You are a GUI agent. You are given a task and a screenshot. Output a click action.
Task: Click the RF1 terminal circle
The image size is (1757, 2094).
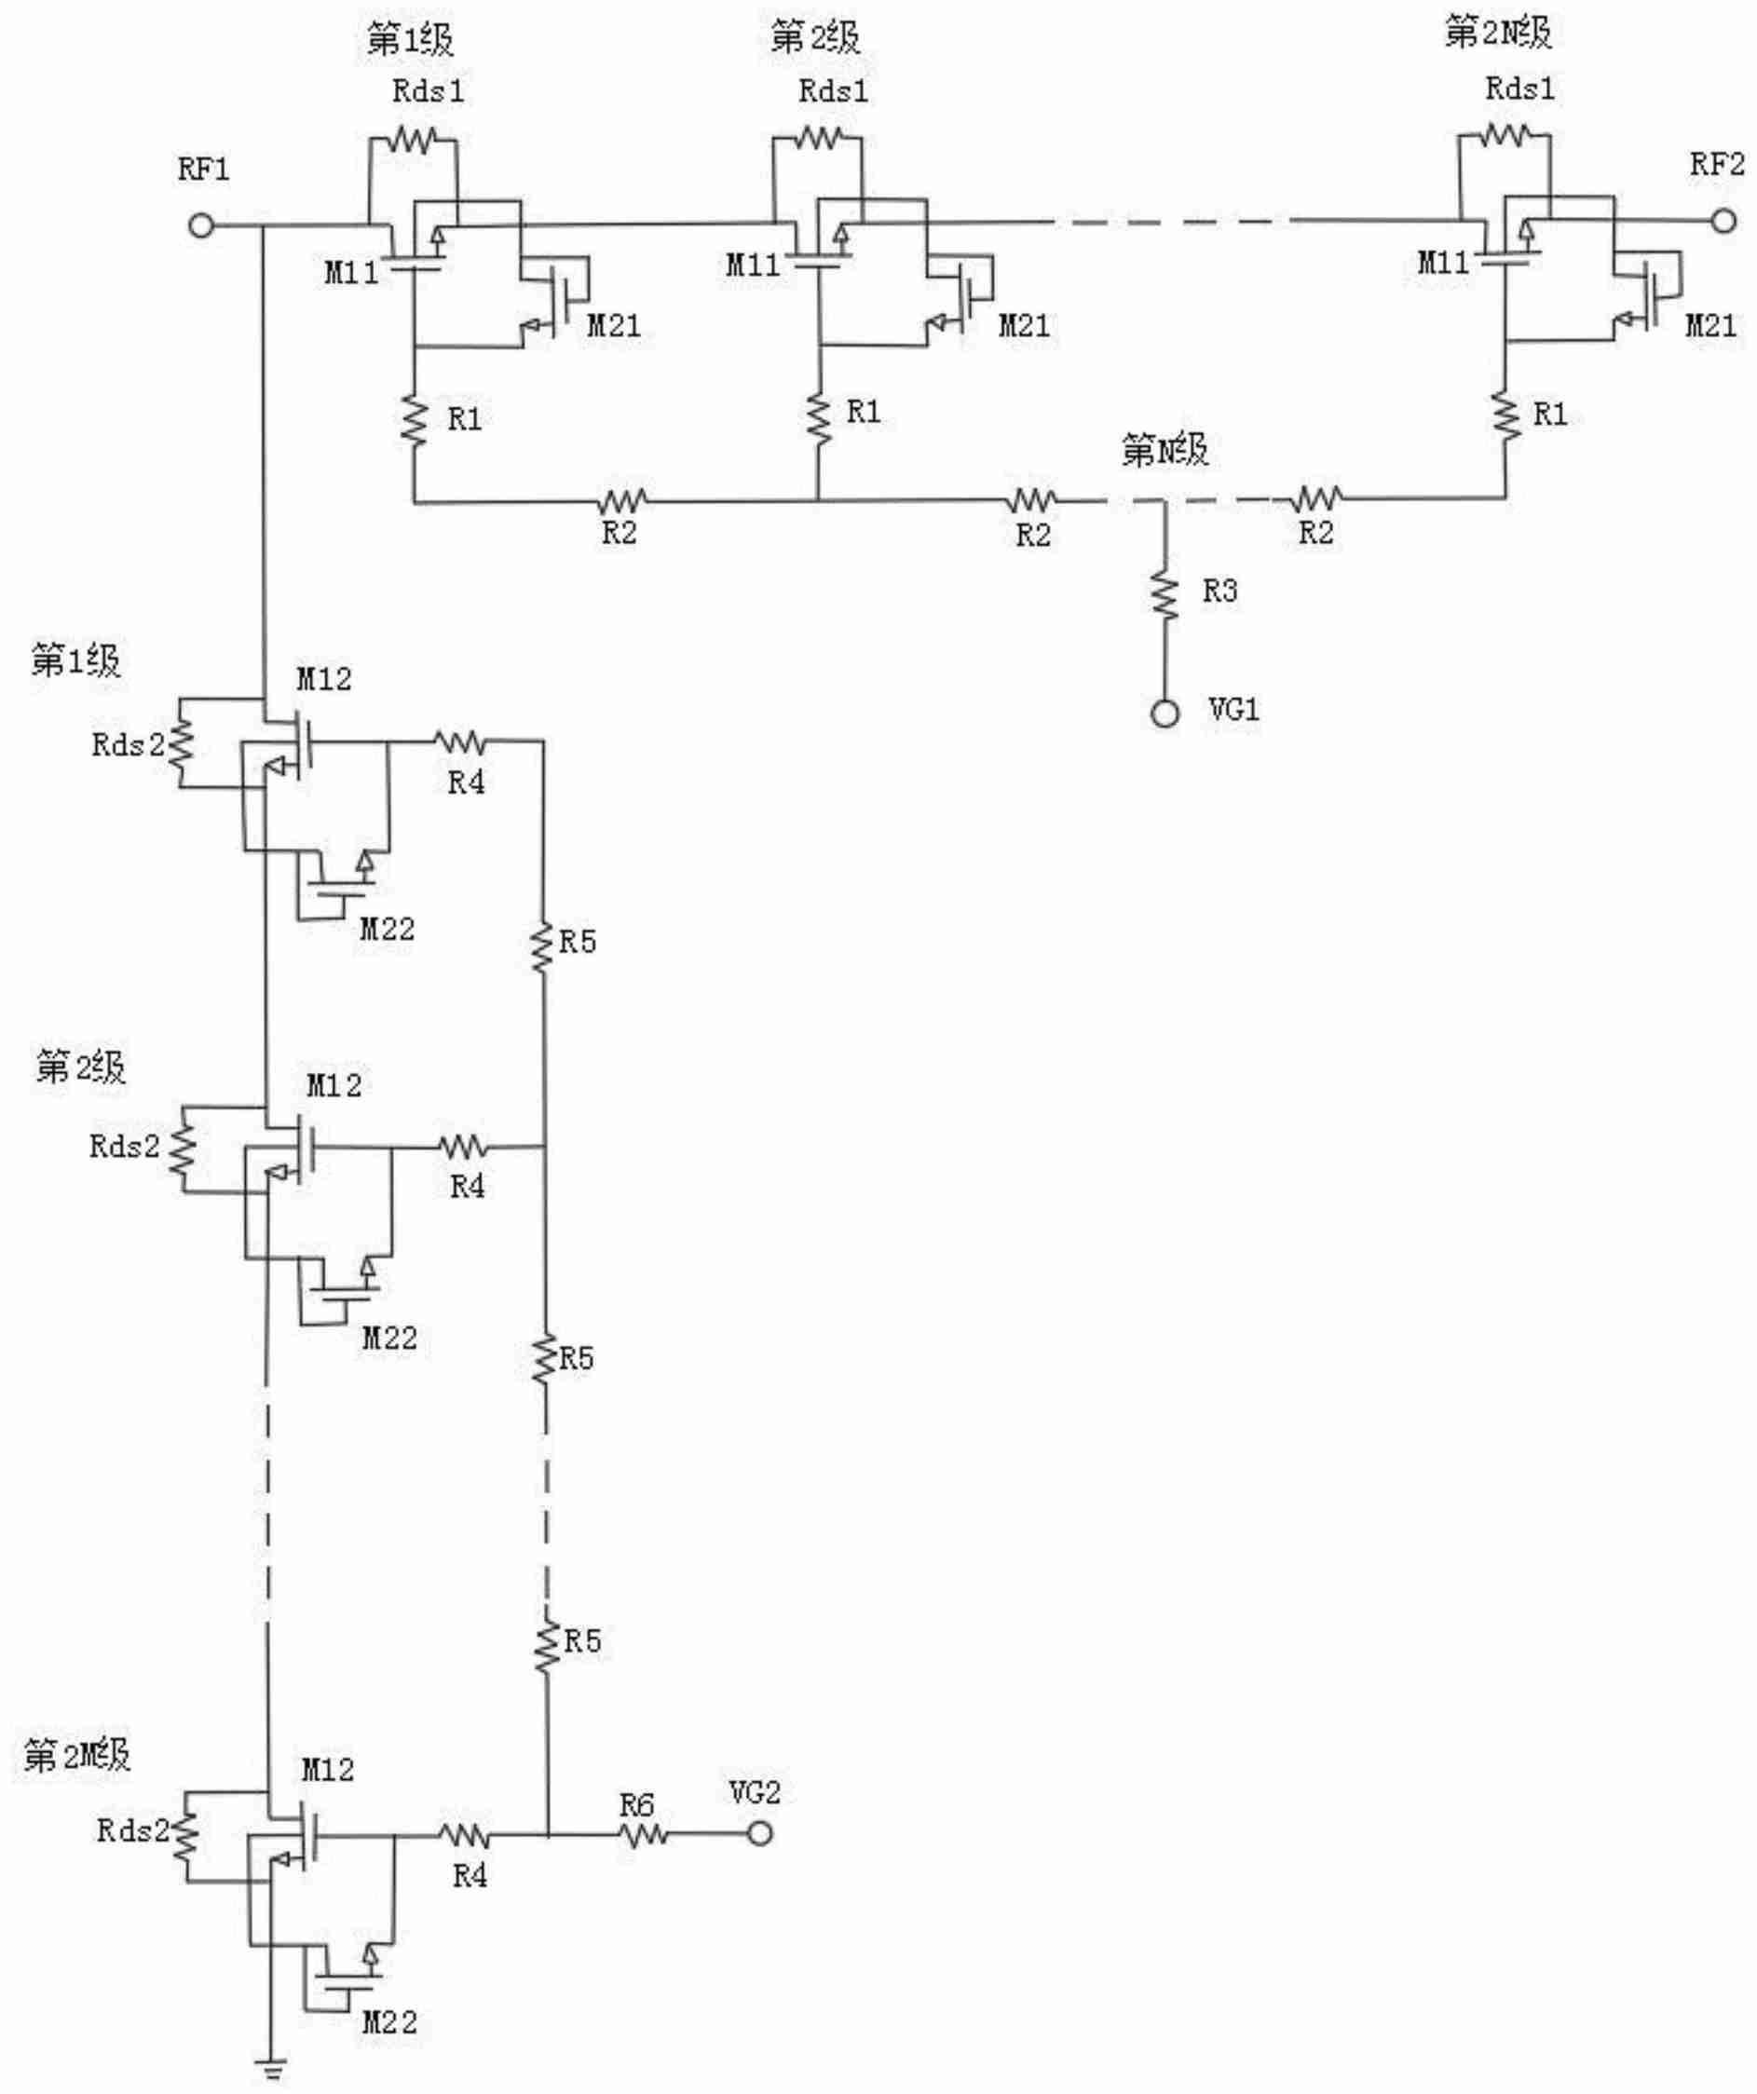pos(201,225)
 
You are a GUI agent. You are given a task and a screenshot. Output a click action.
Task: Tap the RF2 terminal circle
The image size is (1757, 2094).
pos(1724,222)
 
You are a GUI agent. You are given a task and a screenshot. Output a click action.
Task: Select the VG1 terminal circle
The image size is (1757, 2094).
pos(1165,714)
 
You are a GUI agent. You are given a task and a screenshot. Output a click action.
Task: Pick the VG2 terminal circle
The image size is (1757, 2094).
pos(760,1833)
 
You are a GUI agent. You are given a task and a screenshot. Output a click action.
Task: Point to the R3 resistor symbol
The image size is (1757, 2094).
pos(1164,594)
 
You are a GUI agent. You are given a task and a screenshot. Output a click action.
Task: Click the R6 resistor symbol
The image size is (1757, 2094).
pos(643,1833)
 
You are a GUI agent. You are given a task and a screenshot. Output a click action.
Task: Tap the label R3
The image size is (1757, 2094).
pos(1219,591)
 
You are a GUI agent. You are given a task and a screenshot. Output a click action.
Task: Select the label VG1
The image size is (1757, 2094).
pos(1233,710)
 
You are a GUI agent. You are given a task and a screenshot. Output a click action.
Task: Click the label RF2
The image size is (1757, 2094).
pos(1716,165)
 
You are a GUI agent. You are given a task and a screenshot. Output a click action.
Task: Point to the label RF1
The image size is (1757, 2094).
pos(203,170)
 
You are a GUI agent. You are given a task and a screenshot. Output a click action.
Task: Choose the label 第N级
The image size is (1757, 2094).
pos(1164,451)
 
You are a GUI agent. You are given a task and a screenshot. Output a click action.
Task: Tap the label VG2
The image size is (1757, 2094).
pos(754,1793)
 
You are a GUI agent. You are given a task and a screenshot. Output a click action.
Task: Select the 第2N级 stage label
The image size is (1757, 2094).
pos(1498,34)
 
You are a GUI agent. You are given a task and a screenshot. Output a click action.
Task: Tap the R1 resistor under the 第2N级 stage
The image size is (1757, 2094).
pos(1505,415)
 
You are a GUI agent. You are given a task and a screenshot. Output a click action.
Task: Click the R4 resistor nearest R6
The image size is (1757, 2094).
pos(465,1833)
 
